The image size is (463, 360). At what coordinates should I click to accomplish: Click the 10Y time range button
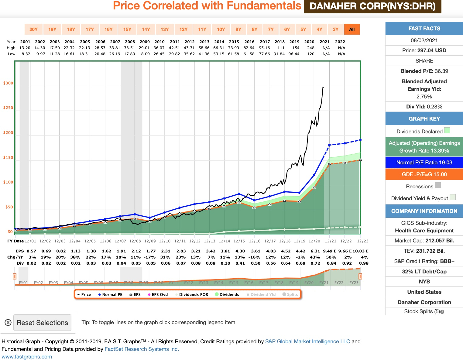coord(221,29)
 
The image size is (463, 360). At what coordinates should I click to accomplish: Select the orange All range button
coord(352,29)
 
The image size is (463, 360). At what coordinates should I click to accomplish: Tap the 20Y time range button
coord(33,29)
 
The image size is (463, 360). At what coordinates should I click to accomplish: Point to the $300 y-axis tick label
coord(8,83)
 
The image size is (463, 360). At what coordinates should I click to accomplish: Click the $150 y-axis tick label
coord(8,158)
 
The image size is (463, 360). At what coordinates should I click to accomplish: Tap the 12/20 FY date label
coord(314,241)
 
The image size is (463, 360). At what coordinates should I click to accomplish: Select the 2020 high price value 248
coord(310,48)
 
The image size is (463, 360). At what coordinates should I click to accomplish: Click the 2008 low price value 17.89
coord(129,54)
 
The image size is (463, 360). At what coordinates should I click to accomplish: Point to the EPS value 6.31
coord(315,251)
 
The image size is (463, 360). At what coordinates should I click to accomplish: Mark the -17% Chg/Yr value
coord(151,257)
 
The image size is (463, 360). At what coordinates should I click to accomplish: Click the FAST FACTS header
coord(424,29)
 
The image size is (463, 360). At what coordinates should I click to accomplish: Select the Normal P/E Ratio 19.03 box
coord(424,163)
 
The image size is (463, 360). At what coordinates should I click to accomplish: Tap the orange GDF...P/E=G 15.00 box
coord(424,174)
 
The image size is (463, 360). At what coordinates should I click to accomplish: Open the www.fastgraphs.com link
coord(27,357)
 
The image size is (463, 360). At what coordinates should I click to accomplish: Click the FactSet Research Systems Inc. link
coord(142,349)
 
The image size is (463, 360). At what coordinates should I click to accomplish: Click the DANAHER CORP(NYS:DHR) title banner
coord(372,6)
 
